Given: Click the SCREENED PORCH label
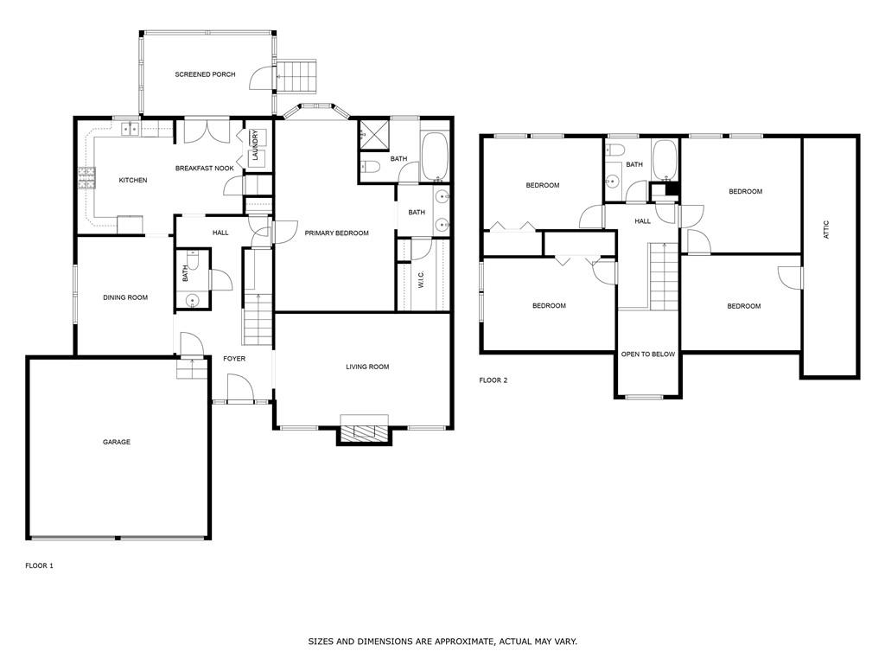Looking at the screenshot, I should click(x=205, y=74).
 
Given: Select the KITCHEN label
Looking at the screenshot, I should click(x=133, y=180).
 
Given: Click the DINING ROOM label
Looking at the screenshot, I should click(x=125, y=297).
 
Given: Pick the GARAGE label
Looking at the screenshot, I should click(x=117, y=442).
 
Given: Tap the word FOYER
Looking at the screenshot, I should click(x=234, y=358).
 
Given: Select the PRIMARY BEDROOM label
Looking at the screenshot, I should click(x=336, y=233).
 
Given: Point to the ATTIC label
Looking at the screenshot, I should click(x=826, y=230).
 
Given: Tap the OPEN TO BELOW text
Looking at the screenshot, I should click(x=648, y=354).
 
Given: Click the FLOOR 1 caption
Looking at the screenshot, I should click(x=39, y=565).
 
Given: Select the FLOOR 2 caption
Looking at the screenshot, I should click(x=493, y=380).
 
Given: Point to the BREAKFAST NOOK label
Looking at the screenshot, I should click(x=205, y=168).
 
